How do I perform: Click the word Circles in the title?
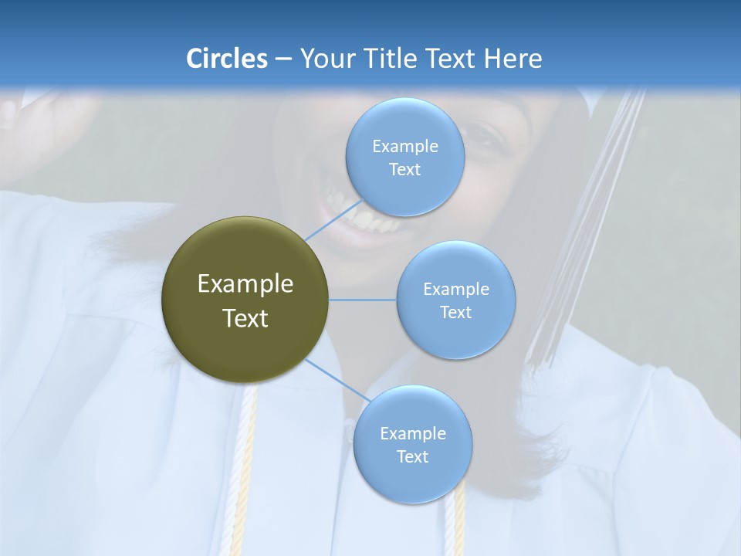click(x=226, y=59)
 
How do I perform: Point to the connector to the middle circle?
click(x=363, y=300)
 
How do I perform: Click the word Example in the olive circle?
click(x=245, y=284)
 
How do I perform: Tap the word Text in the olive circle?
click(x=245, y=318)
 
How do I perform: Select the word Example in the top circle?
click(x=404, y=147)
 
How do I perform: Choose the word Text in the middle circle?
click(x=455, y=312)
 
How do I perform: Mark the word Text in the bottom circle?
click(x=412, y=456)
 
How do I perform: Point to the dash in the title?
click(x=283, y=59)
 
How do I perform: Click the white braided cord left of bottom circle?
click(x=247, y=463)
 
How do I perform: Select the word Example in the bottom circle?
click(x=412, y=433)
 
